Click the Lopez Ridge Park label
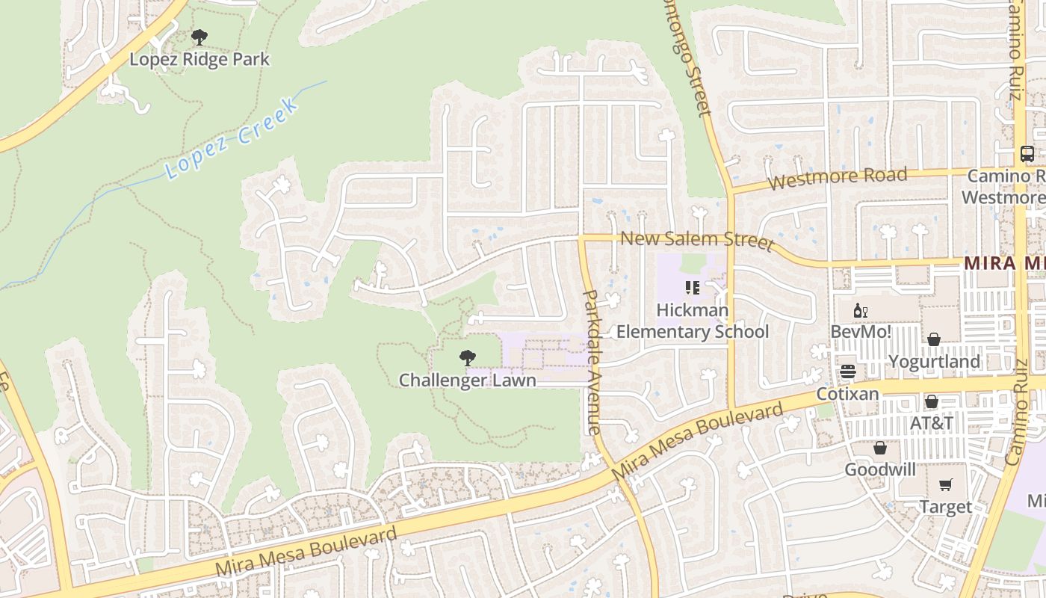[199, 59]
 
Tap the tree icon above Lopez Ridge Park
[199, 37]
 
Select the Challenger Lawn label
[468, 380]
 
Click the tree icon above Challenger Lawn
[468, 358]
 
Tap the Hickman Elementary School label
[693, 321]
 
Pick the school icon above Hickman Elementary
[693, 287]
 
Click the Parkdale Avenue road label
[591, 362]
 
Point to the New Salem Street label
[697, 240]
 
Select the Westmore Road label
[838, 178]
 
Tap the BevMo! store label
[861, 331]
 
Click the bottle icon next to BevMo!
[861, 310]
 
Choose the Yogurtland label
[934, 362]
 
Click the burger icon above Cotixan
[847, 372]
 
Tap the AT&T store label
[932, 423]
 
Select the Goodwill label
[880, 469]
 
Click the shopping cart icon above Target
[946, 485]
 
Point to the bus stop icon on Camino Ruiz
[1027, 154]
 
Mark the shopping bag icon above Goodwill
[880, 448]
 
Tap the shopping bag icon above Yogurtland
[934, 340]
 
